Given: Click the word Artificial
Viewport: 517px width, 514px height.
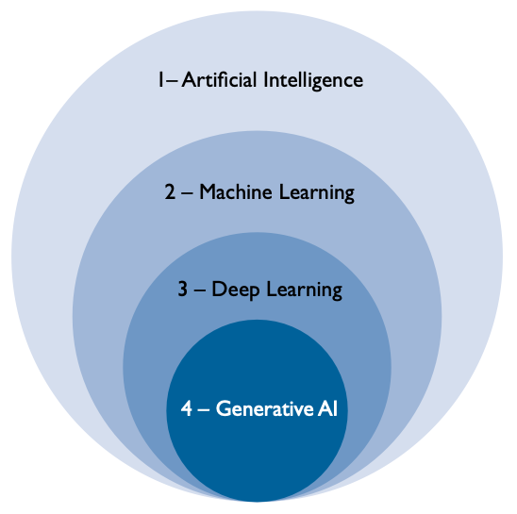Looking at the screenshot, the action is click(x=219, y=80).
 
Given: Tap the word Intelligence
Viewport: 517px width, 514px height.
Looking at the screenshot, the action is click(x=313, y=81).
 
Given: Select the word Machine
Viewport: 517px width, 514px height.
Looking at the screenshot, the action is click(x=236, y=191).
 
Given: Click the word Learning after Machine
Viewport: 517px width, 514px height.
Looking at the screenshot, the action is click(x=317, y=193).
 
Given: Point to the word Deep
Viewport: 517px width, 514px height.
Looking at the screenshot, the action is click(x=236, y=290).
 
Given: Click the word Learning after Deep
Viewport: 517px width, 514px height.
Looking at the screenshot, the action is click(x=305, y=290).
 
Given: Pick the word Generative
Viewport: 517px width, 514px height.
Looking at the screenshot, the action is click(x=265, y=408).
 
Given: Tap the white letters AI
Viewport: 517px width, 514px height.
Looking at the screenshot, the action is click(x=327, y=408).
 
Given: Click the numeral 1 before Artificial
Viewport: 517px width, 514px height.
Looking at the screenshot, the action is click(x=161, y=80).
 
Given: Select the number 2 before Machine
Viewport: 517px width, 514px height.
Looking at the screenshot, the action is click(x=170, y=191).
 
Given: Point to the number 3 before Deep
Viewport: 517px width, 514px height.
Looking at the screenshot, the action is click(x=183, y=290).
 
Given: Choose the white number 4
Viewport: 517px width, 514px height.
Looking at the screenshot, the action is click(x=187, y=408).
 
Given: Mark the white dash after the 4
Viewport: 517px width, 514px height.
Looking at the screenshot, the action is click(x=204, y=410).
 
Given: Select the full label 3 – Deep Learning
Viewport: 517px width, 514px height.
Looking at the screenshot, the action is click(x=260, y=290).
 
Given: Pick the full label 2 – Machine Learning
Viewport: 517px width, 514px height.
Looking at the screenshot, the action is click(x=259, y=193).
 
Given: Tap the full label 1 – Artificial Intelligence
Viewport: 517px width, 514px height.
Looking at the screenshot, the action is click(x=260, y=81).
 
